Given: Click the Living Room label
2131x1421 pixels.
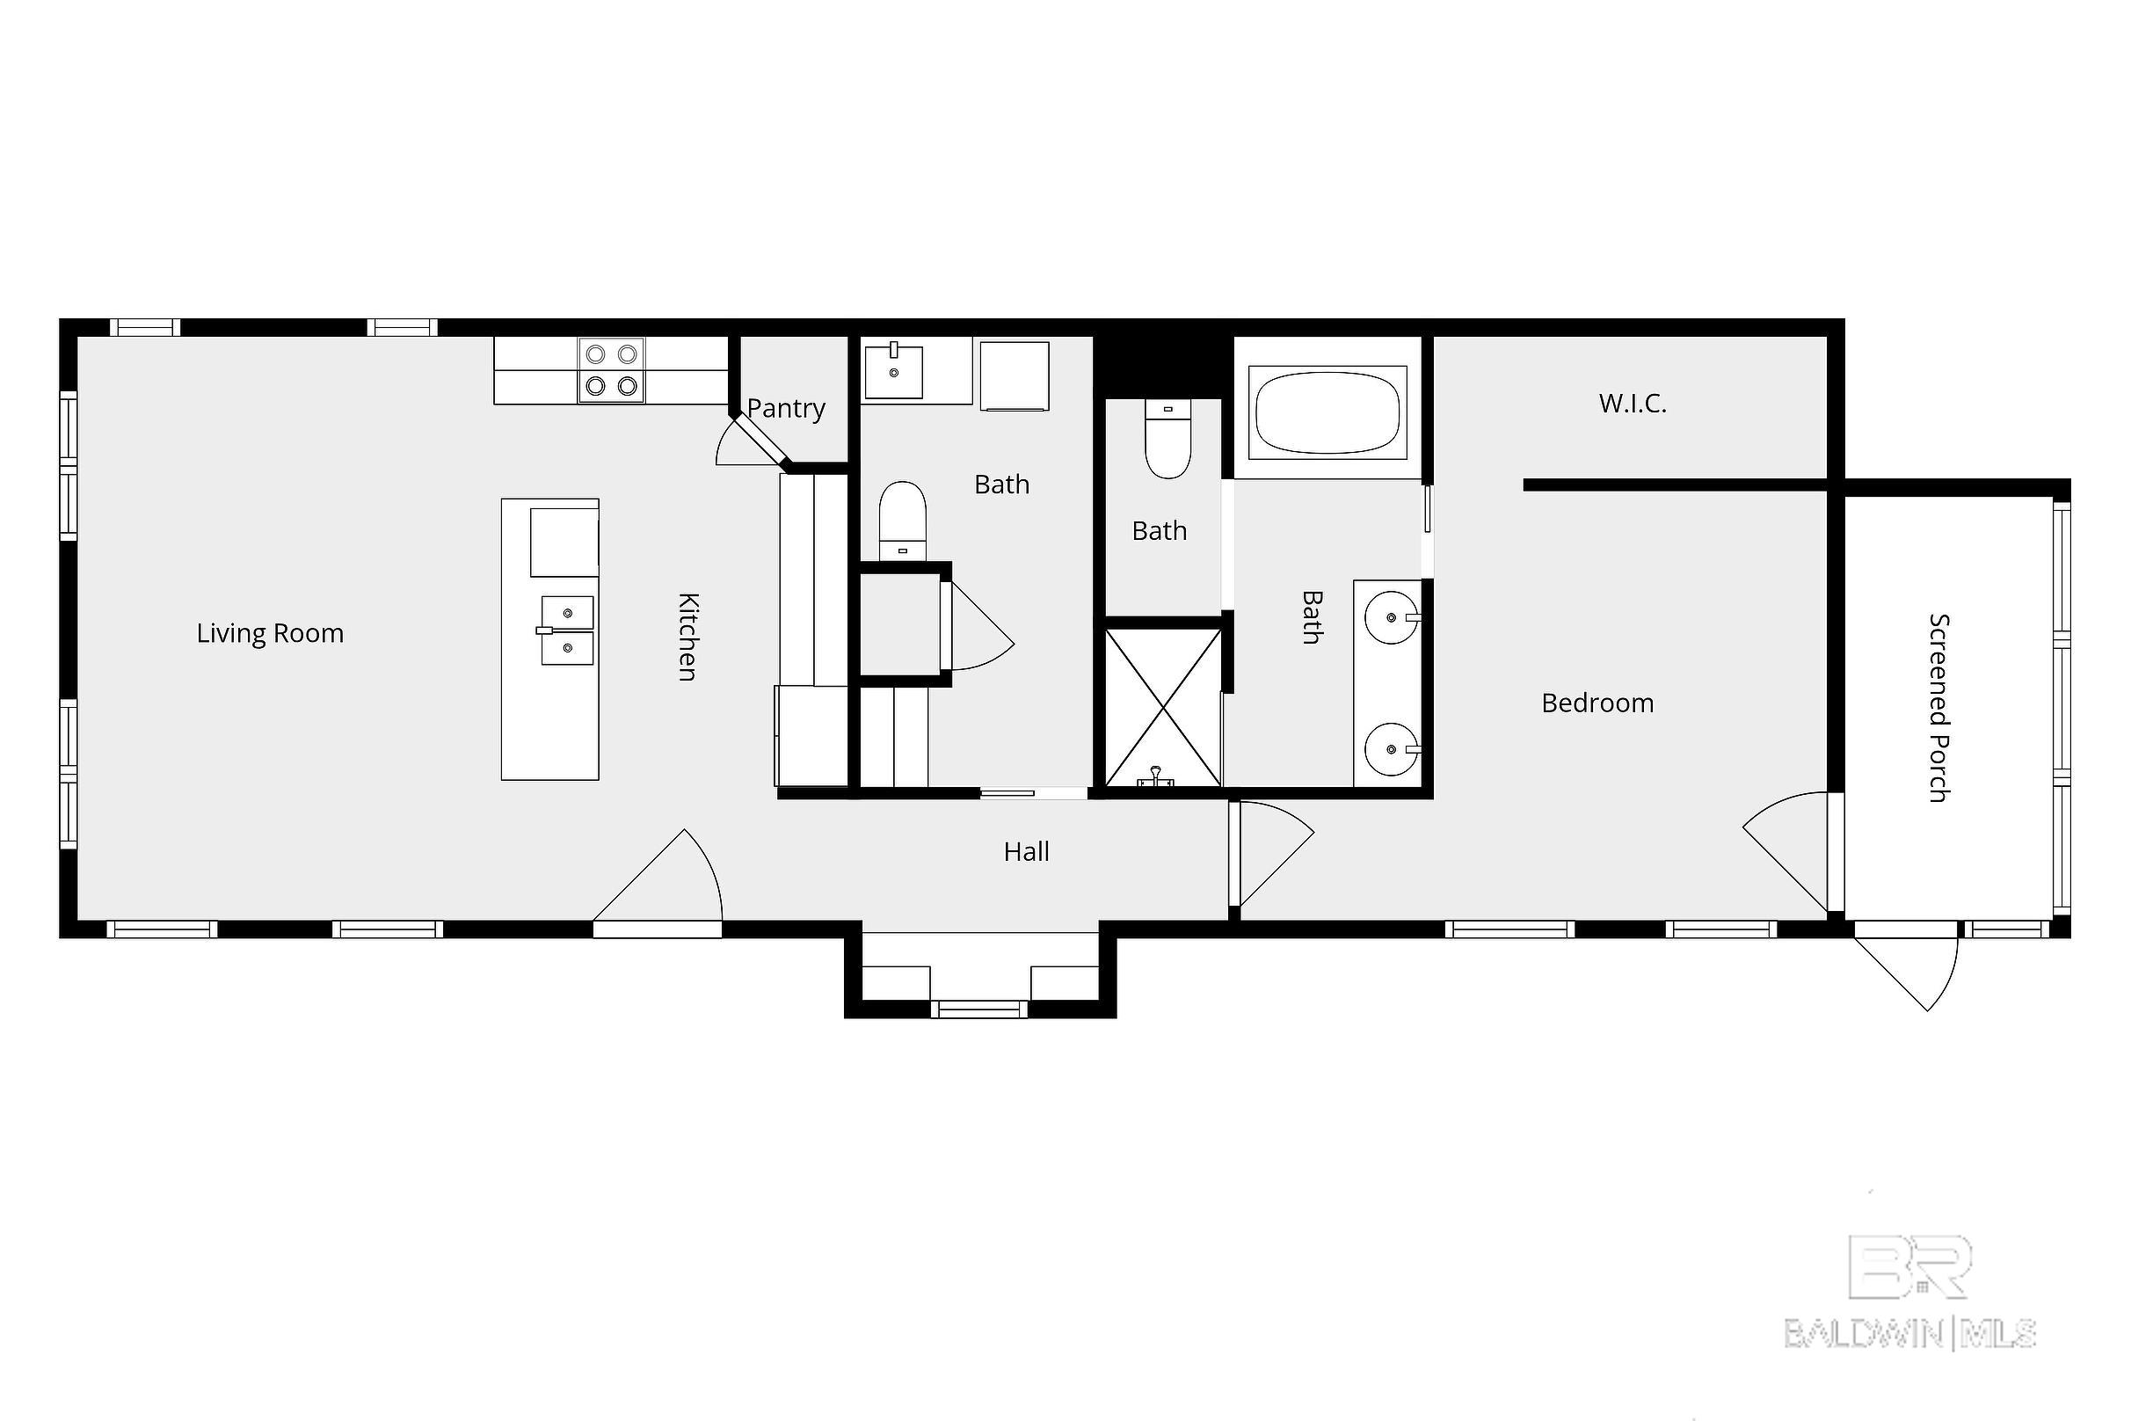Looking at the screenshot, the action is pos(270,633).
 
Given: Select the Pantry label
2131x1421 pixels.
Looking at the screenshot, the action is pos(786,409).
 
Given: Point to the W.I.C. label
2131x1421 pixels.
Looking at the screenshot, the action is pos(1633,404).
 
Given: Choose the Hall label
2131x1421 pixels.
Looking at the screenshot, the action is pos(1027,851).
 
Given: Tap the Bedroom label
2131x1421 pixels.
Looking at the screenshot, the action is pos(1597,703).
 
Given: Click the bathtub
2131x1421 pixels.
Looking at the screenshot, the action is pos(1327,411).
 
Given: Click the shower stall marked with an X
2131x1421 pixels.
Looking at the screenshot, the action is pos(1163,708).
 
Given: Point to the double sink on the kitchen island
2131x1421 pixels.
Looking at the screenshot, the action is pos(567,630).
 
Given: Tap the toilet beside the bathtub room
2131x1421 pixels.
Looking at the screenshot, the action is pos(1167,439).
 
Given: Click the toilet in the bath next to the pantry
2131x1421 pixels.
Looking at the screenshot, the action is pos(902,521).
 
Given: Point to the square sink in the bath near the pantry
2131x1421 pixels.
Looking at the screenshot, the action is pos(893,371).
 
